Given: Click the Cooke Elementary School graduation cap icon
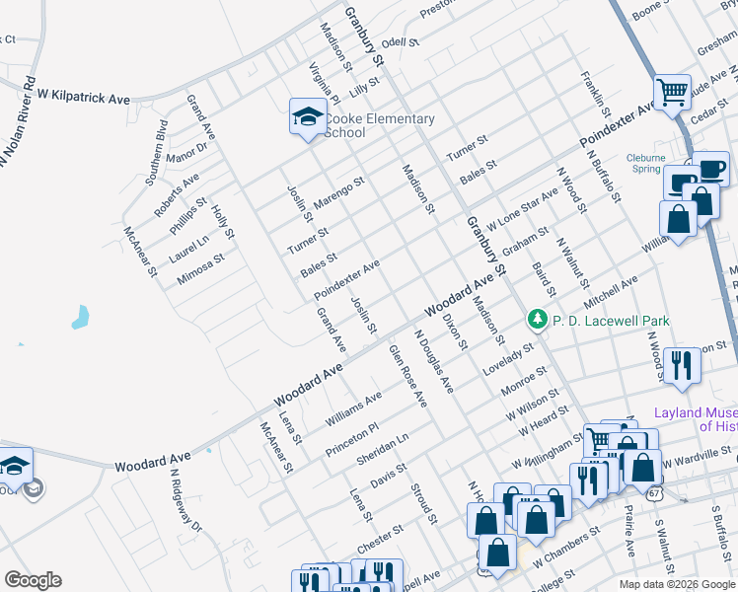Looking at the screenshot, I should (x=308, y=117).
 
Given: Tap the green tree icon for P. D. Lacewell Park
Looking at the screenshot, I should (x=537, y=320).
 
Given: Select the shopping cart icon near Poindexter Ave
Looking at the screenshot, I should (x=672, y=94).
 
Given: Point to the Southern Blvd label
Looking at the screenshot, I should (x=155, y=152).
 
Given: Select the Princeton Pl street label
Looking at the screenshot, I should (x=352, y=440).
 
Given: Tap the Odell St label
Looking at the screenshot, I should (x=401, y=43).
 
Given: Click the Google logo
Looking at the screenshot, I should (x=33, y=580).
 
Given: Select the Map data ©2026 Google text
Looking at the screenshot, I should (x=675, y=582).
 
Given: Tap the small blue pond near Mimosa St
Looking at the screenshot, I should (x=79, y=318).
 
